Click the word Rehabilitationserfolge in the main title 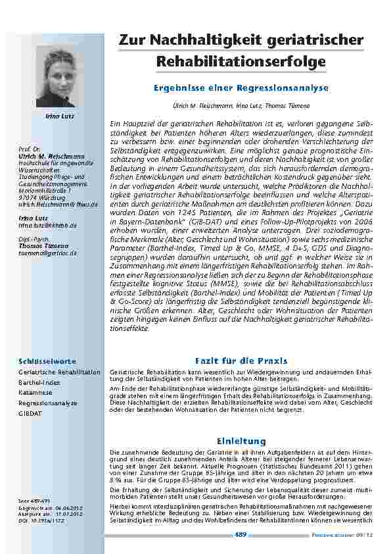[241, 63]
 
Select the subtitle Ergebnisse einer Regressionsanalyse [241, 88]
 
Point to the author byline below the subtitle [241, 105]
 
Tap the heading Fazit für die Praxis [241, 361]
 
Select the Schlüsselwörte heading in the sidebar [48, 361]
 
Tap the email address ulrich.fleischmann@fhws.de [58, 205]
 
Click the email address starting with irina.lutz [48, 225]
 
